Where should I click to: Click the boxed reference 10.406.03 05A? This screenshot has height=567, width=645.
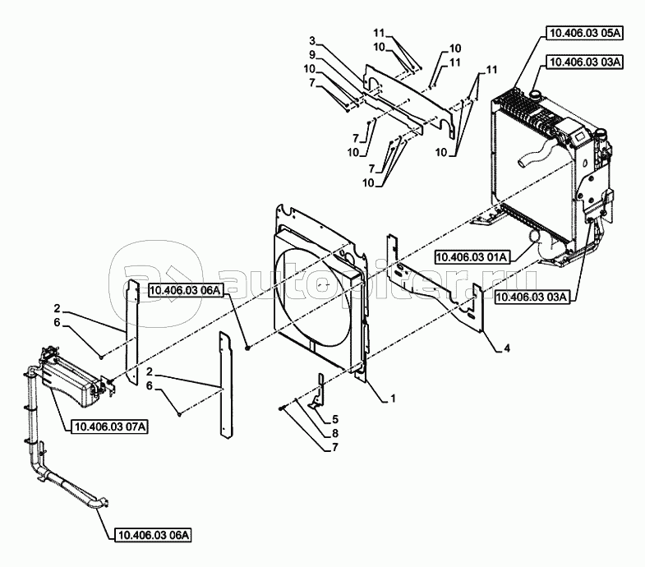[x=584, y=34]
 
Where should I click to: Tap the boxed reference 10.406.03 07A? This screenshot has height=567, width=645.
[x=110, y=426]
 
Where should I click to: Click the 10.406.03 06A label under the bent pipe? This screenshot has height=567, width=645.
[x=154, y=535]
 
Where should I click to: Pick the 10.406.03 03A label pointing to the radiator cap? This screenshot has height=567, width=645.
[x=584, y=62]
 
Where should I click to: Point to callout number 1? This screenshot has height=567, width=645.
[x=393, y=399]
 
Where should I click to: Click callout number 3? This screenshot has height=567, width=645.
[x=312, y=41]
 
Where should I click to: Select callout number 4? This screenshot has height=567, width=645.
[x=507, y=348]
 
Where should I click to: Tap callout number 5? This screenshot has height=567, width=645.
[x=335, y=419]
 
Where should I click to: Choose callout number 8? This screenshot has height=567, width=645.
[x=335, y=433]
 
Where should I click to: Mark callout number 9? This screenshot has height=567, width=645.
[x=312, y=54]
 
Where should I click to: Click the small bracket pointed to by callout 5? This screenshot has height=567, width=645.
[x=318, y=391]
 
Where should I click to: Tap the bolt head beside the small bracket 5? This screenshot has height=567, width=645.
[x=281, y=408]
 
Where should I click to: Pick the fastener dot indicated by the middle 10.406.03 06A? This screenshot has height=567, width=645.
[x=247, y=348]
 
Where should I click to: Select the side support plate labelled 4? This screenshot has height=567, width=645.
[x=436, y=285]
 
